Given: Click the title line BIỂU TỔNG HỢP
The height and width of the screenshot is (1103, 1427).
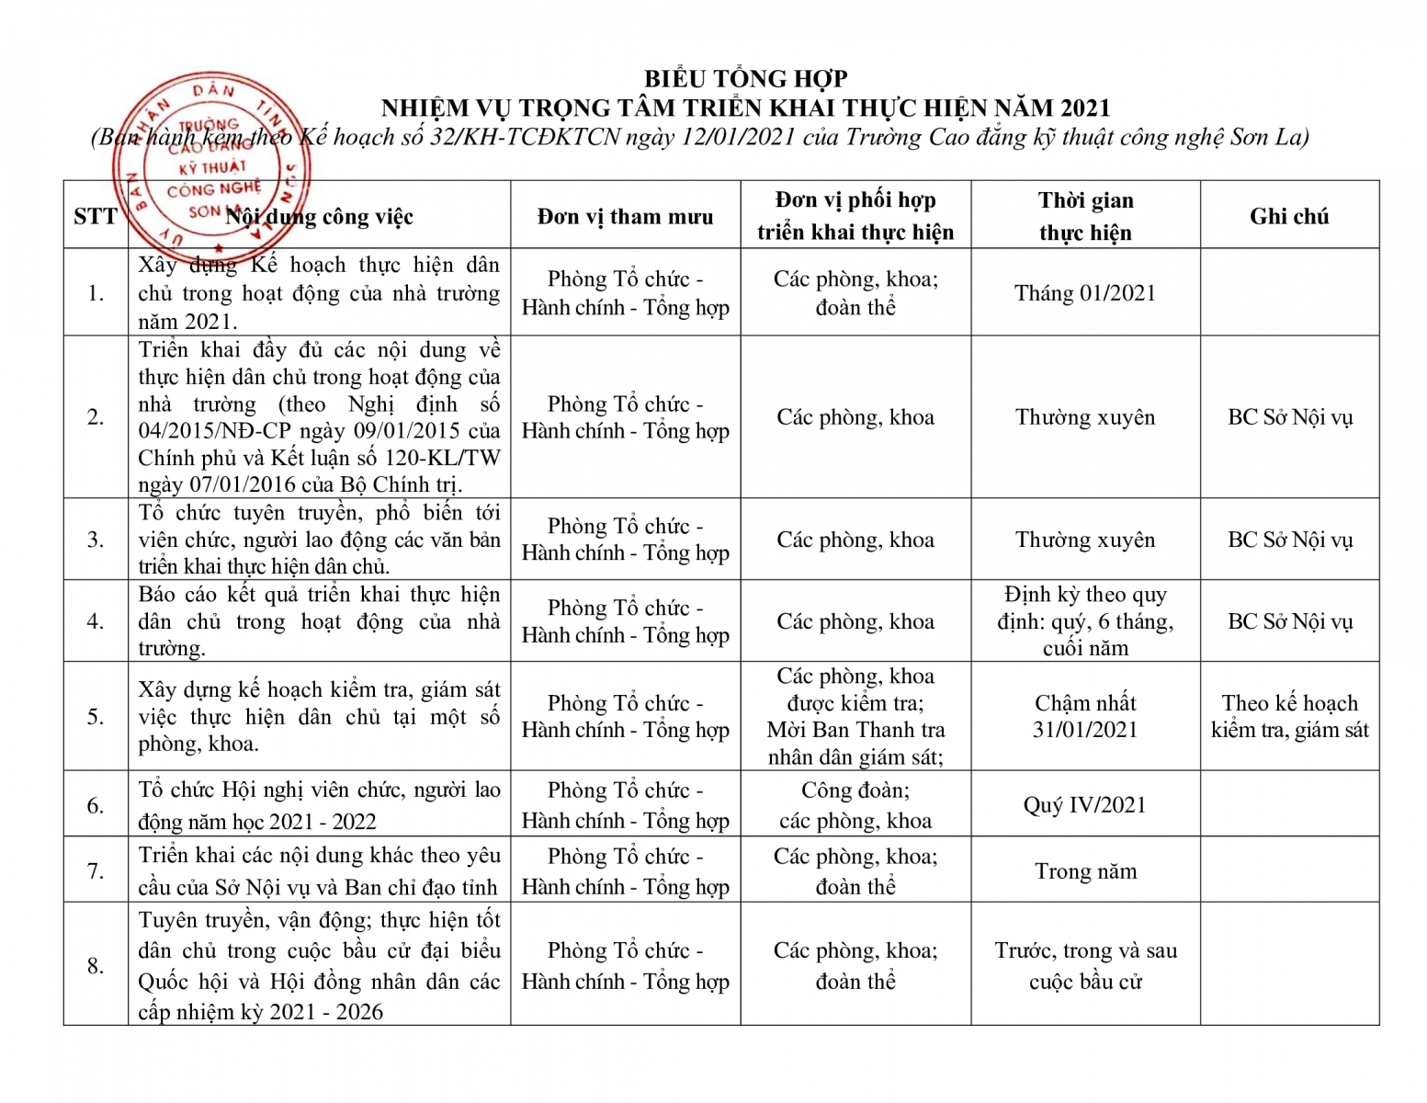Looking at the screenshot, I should (745, 79).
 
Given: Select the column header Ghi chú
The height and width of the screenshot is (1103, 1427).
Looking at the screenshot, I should (1288, 217).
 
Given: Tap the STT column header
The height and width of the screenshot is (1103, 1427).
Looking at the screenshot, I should (96, 217).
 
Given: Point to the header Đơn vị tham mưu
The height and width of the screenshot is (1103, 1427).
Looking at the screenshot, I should (625, 217).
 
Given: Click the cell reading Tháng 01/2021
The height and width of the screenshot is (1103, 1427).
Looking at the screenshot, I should (1084, 293).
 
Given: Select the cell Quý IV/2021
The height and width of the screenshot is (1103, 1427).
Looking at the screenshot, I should (1084, 805).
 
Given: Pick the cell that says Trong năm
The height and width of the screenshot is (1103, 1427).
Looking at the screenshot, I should (1085, 871).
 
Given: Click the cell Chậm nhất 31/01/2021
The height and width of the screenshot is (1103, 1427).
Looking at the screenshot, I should (1085, 716).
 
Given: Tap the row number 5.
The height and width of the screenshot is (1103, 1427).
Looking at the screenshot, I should (96, 716).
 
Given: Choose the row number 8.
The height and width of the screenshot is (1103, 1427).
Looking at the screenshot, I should (96, 965).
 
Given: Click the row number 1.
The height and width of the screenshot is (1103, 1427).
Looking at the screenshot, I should (96, 293).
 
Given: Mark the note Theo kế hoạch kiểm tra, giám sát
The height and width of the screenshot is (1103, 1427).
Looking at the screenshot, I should (1289, 716).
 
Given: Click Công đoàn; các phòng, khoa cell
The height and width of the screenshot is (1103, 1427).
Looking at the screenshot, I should (855, 805).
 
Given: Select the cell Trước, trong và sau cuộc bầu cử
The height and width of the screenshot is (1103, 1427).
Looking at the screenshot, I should (1085, 965).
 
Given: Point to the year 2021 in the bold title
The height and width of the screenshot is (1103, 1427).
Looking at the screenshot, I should (1084, 108).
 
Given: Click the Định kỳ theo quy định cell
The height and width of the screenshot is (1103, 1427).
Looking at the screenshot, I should (1085, 621).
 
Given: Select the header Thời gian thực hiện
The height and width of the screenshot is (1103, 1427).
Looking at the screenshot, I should (1085, 217).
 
